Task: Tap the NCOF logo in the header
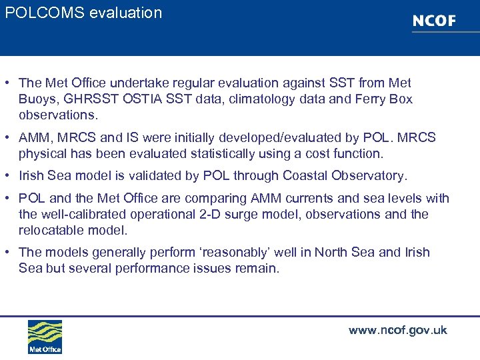coord(434,21)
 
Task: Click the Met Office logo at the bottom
coord(45,337)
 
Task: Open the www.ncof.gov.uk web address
coord(397,331)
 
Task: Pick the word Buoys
coord(37,99)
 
